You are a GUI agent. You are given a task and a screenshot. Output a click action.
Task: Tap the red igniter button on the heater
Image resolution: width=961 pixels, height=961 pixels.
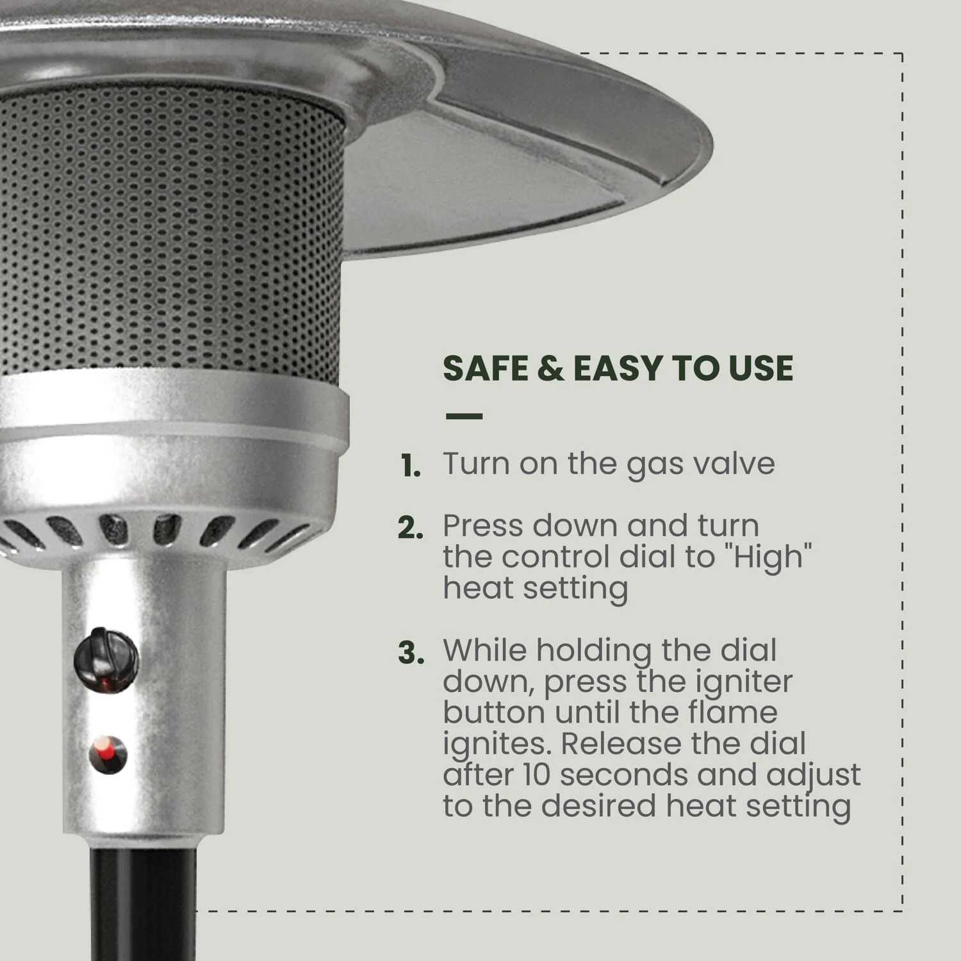tap(108, 753)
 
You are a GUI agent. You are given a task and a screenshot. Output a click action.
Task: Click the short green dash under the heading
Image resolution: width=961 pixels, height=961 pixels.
tap(464, 416)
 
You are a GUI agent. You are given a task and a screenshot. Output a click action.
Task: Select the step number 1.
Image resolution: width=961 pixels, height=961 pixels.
tap(411, 466)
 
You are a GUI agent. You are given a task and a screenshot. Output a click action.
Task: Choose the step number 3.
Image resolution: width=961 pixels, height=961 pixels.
tap(411, 653)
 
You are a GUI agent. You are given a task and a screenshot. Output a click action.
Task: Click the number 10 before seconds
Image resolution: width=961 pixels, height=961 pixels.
tap(536, 775)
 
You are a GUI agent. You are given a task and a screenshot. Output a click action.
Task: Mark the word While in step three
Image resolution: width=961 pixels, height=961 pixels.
tap(485, 650)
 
